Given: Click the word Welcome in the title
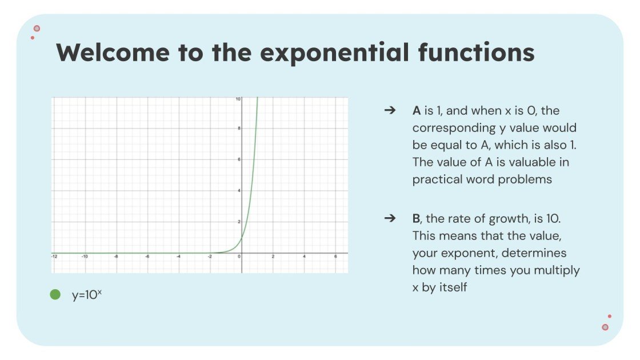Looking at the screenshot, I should click(x=113, y=53).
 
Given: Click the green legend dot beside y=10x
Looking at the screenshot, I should click(x=55, y=295).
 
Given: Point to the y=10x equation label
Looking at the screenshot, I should click(x=86, y=295).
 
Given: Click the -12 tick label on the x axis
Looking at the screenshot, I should click(x=54, y=257).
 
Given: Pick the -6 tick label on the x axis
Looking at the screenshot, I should click(x=147, y=257).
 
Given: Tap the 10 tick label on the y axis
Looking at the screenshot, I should click(x=238, y=99).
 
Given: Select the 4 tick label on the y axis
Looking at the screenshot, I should click(x=239, y=190).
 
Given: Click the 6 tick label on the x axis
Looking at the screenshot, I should click(x=335, y=257).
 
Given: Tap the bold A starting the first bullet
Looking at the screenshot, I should click(x=417, y=111).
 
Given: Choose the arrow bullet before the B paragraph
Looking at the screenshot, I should click(x=390, y=218).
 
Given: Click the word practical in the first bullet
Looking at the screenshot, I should click(x=435, y=179).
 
